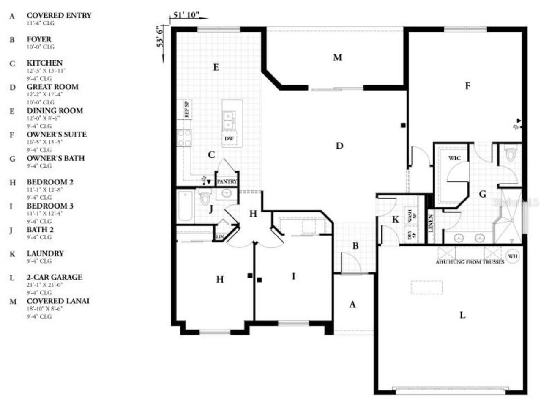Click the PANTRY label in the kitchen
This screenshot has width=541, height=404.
[227, 181]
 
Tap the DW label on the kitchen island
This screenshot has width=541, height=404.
[229, 138]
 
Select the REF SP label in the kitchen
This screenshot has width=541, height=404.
[187, 109]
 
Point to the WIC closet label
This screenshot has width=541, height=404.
[454, 158]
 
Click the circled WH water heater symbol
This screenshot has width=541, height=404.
[512, 256]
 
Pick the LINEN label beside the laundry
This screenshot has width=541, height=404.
[431, 223]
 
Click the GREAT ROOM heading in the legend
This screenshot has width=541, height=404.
[52, 87]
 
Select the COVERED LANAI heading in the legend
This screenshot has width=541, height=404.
[58, 301]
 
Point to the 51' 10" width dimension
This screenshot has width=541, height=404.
[186, 15]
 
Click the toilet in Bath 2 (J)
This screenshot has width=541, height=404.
[205, 197]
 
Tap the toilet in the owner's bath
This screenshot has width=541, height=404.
[511, 153]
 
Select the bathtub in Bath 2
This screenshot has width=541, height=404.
[186, 206]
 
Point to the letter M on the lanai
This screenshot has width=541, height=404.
[337, 58]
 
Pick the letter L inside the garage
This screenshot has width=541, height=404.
[462, 315]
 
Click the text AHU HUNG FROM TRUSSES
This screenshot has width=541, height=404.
[470, 262]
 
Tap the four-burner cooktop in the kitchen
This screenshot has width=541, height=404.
[184, 138]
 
